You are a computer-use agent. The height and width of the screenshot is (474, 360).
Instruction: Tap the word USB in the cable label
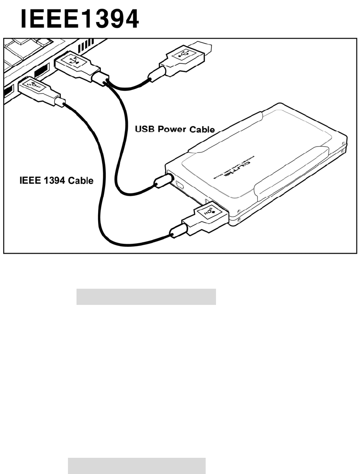(145, 130)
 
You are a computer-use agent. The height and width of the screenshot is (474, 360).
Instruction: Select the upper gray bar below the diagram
(146, 297)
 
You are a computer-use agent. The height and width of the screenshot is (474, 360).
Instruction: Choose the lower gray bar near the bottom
(137, 466)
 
